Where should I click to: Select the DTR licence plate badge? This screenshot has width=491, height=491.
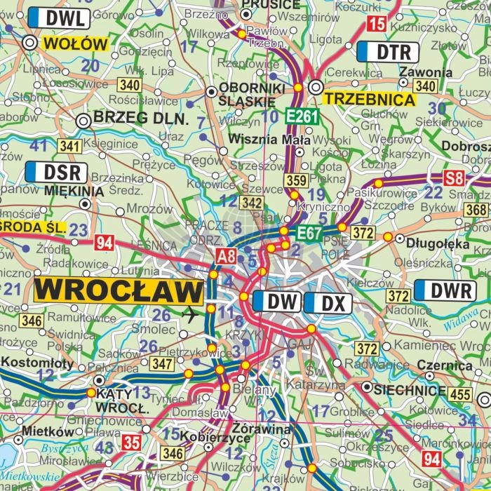coord(388,51)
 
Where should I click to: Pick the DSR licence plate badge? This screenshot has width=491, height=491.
coord(56,172)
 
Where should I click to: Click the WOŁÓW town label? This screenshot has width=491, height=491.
coord(75,43)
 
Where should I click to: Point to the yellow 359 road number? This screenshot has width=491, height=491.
coord(296,181)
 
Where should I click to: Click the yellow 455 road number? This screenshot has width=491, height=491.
coord(460,395)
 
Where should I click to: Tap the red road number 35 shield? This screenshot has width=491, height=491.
coord(131,442)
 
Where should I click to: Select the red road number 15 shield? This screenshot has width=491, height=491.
coord(377,25)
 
